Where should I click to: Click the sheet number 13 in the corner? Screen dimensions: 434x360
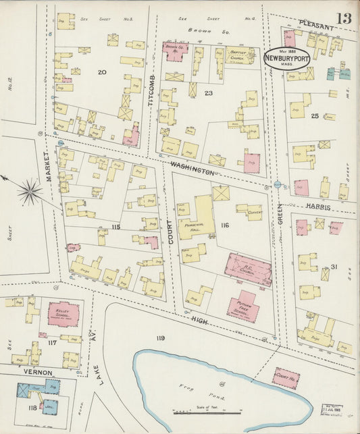344,18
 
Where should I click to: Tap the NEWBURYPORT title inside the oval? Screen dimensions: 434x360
287,59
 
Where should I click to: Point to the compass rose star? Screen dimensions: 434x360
29,192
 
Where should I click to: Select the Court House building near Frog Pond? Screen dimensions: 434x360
286,378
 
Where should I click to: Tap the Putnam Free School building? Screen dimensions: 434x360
243,307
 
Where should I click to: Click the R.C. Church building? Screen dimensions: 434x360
249,269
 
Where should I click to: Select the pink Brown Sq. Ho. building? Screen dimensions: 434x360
175,51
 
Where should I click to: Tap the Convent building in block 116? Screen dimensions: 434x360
251,212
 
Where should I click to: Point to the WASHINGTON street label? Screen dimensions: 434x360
192,168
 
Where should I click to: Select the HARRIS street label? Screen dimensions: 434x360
317,206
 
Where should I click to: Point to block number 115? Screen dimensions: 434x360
115,227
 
